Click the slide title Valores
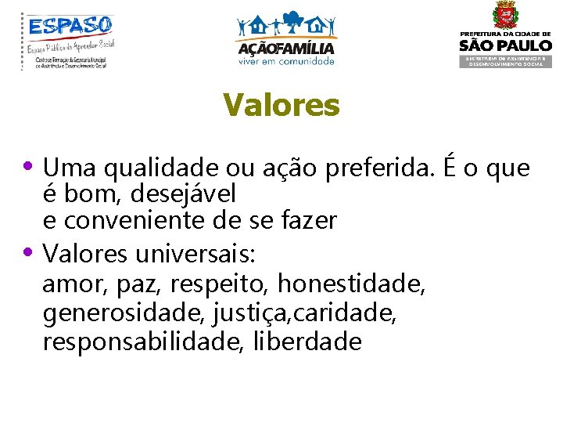(281, 105)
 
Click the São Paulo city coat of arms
(505, 16)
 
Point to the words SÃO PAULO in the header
(505, 45)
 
